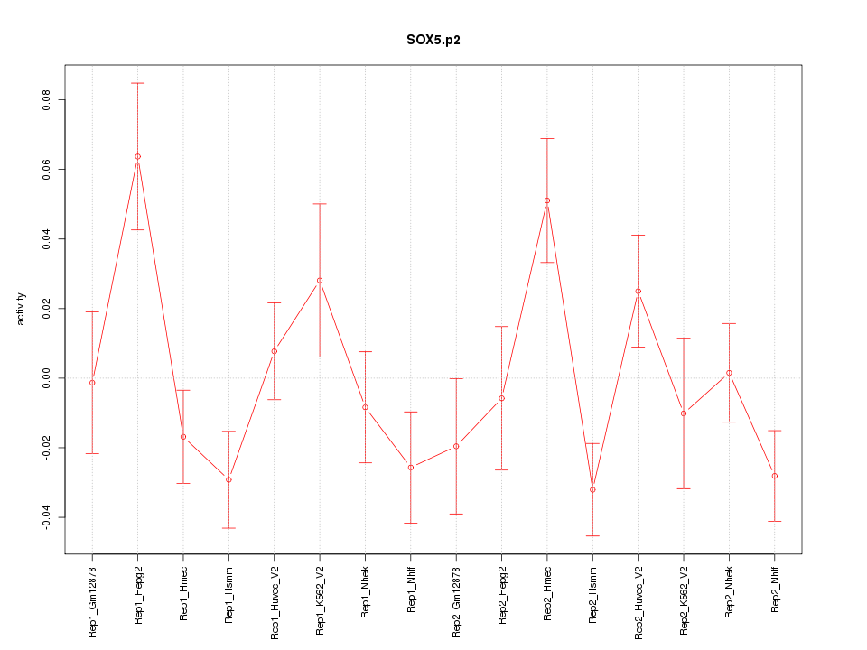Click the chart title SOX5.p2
point(433,41)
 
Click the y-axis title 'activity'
point(22,309)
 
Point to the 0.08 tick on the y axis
point(44,99)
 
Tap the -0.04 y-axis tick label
point(44,517)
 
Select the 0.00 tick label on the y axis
point(44,378)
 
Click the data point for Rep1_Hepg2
point(138,157)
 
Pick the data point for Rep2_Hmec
point(547,200)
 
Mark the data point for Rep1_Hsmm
point(228,479)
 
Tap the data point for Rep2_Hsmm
point(592,489)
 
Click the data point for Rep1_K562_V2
point(320,280)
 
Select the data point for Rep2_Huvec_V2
point(638,292)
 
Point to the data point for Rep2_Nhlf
point(774,476)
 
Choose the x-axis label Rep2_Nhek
point(729,590)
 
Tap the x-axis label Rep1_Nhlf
point(411,590)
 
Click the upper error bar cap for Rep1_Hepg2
point(138,83)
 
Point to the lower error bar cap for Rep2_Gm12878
point(456,514)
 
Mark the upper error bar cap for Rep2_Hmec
point(547,138)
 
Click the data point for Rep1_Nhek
point(365,407)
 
